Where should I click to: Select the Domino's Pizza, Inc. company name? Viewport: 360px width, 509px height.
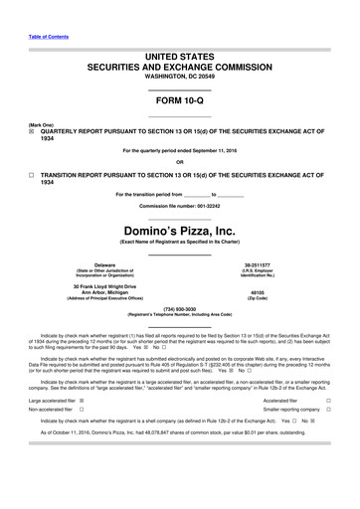pos(180,228)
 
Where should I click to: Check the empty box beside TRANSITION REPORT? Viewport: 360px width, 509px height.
pos(31,172)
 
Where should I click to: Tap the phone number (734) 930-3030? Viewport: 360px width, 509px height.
pos(180,309)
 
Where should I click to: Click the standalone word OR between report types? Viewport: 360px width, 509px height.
pos(180,162)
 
